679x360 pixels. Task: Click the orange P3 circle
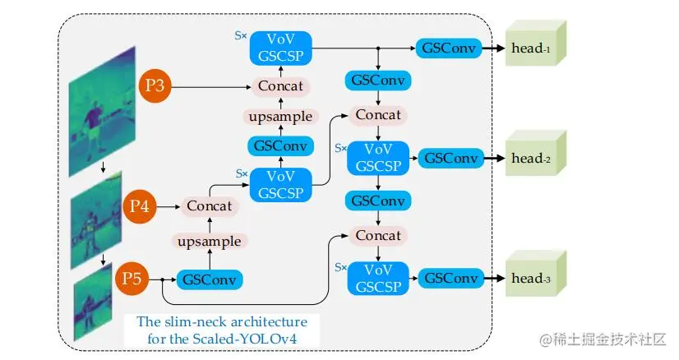(155, 85)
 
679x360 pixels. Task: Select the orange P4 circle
(141, 205)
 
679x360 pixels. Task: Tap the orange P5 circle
(132, 279)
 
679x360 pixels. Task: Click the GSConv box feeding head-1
(448, 48)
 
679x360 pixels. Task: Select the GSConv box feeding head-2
(450, 158)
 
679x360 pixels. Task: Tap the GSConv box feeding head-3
(450, 278)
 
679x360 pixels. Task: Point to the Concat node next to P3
(280, 85)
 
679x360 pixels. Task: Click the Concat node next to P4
(210, 205)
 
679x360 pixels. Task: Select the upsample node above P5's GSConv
(210, 242)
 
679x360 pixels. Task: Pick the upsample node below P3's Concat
(280, 117)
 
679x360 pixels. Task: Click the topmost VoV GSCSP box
(280, 48)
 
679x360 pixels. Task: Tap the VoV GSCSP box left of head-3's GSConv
(379, 278)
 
